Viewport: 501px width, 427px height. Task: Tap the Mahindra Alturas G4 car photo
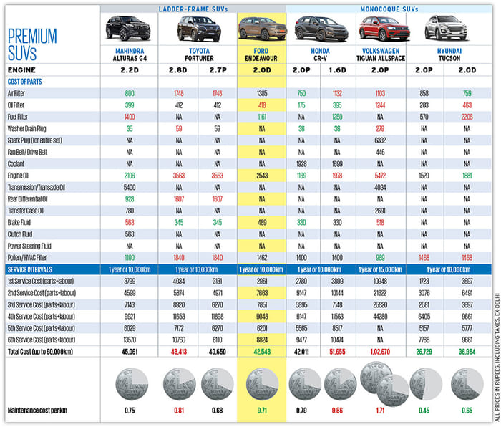[x=130, y=29]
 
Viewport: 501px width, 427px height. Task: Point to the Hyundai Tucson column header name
[x=443, y=55]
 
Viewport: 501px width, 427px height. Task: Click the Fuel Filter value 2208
[x=462, y=116]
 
